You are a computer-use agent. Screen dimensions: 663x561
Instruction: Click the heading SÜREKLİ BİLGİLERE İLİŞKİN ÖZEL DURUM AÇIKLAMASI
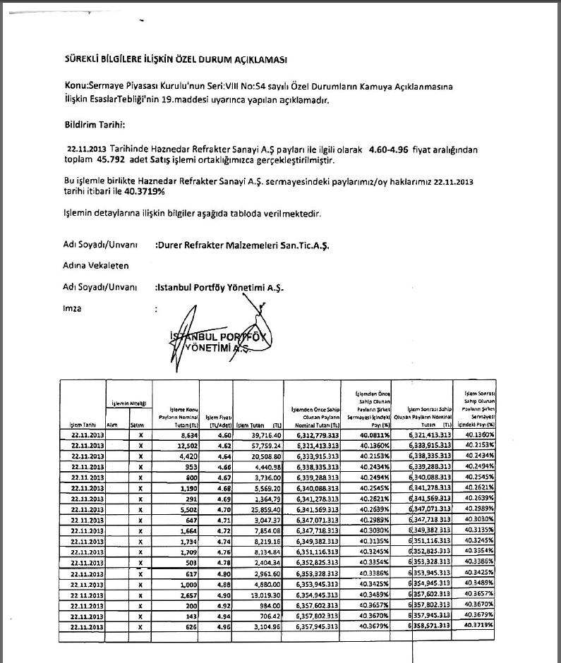[x=175, y=61]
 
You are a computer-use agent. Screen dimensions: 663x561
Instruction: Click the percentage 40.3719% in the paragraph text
[x=146, y=191]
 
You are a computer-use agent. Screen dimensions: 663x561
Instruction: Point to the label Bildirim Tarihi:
[x=94, y=125]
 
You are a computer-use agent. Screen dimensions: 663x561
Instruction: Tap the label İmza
[x=73, y=308]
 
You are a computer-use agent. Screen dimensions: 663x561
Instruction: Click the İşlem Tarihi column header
[x=83, y=425]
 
